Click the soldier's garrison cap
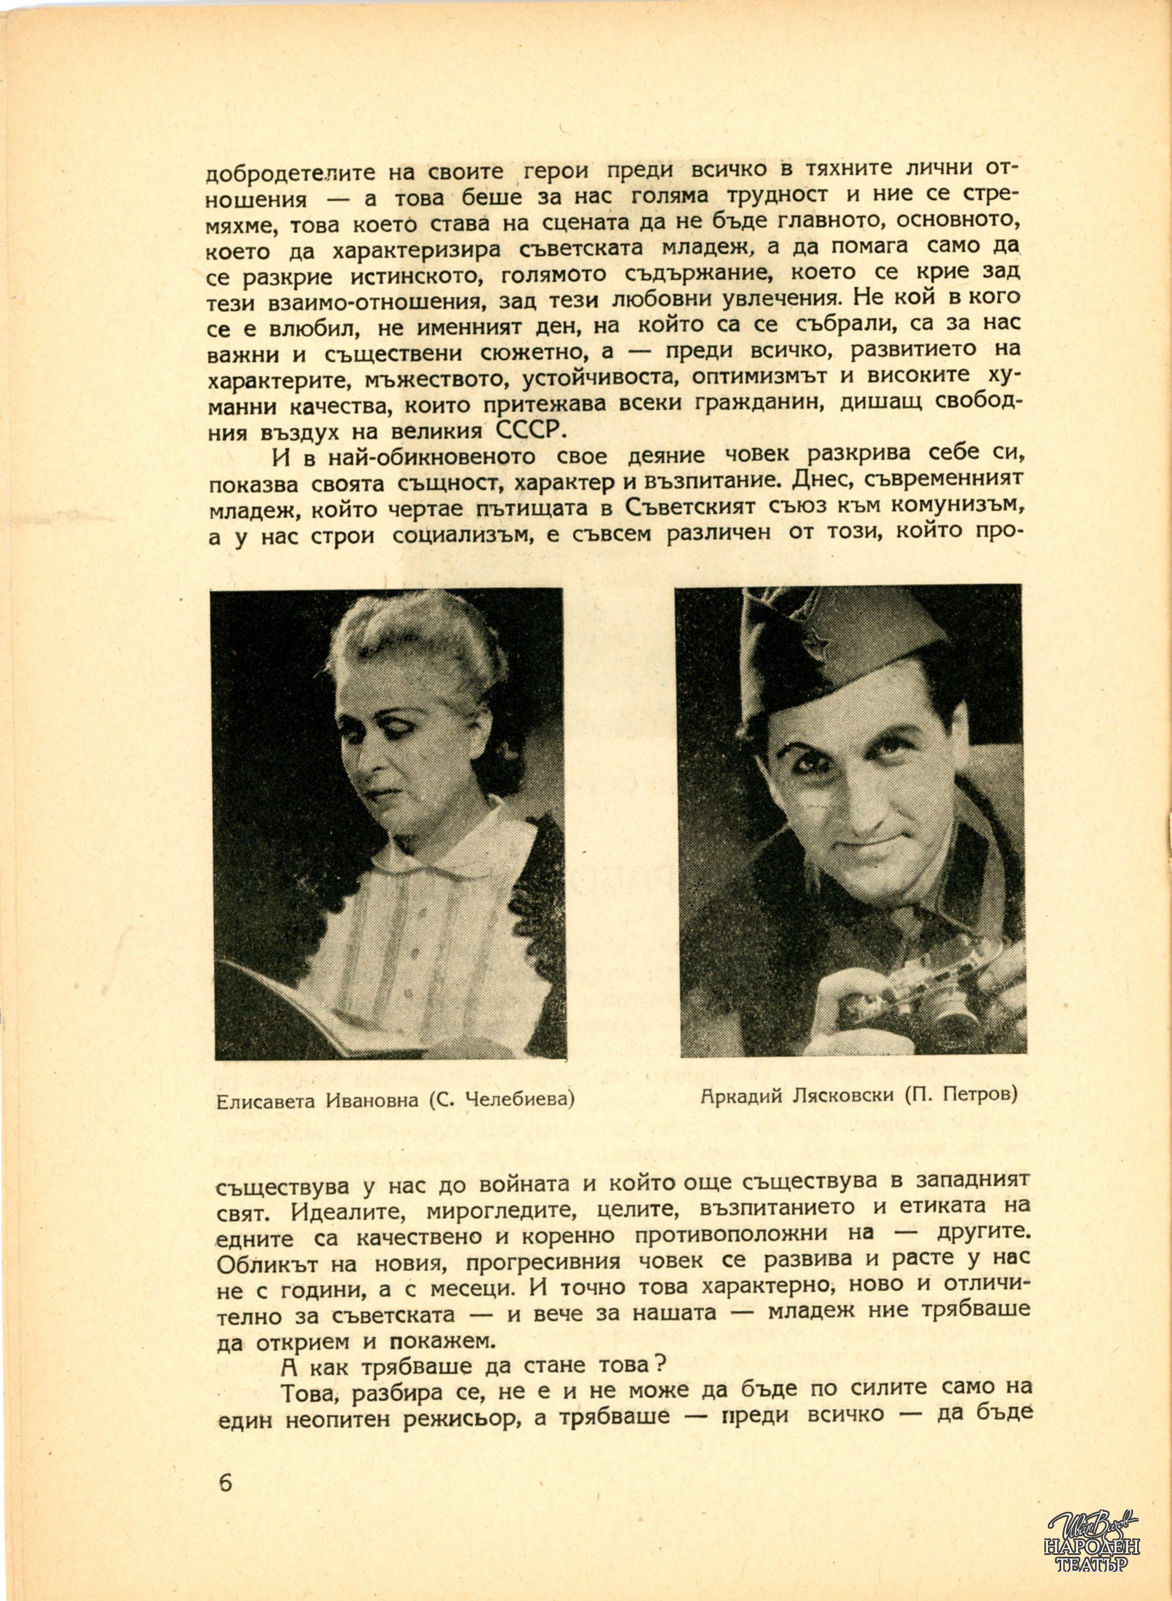click(x=837, y=638)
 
